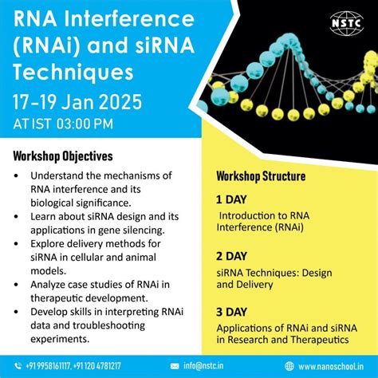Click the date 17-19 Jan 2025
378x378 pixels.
(x=78, y=102)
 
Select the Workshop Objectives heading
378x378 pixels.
(x=63, y=156)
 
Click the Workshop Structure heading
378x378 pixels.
(x=261, y=175)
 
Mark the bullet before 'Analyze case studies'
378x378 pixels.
(x=17, y=285)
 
